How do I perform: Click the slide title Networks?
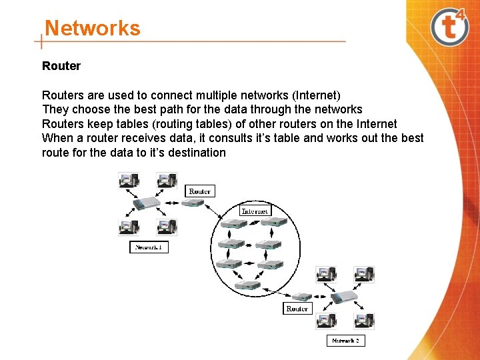pyautogui.click(x=92, y=29)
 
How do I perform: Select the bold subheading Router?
pyautogui.click(x=61, y=66)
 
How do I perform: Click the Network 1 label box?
pyautogui.click(x=149, y=247)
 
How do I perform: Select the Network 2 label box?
pyautogui.click(x=346, y=341)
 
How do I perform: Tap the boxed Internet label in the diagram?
pyautogui.click(x=255, y=211)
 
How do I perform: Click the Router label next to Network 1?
pyautogui.click(x=200, y=191)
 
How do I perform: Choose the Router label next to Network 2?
pyautogui.click(x=297, y=309)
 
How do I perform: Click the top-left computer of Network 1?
pyautogui.click(x=127, y=180)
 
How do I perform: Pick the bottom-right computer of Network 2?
pyautogui.click(x=364, y=320)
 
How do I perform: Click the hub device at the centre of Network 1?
pyautogui.click(x=146, y=203)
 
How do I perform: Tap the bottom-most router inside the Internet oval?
pyautogui.click(x=247, y=285)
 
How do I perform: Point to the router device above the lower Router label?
pyautogui.click(x=302, y=297)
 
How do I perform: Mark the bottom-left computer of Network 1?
pyautogui.click(x=127, y=227)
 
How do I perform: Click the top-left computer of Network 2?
pyautogui.click(x=326, y=273)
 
